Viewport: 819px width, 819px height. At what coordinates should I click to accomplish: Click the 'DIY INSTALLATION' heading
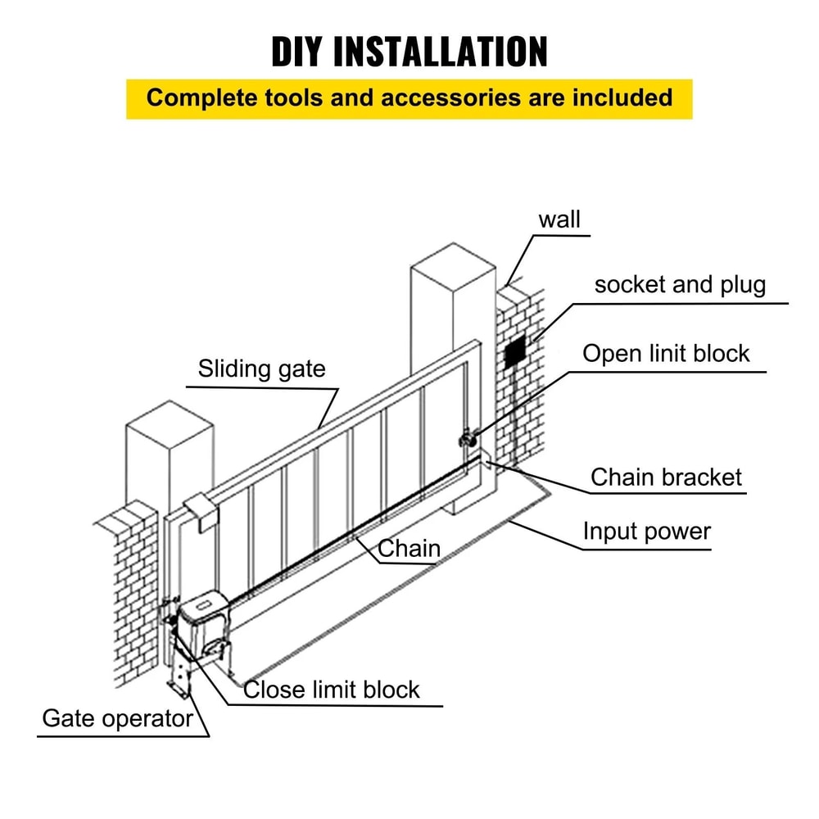409,51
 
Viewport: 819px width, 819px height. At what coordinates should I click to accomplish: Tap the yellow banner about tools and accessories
409,98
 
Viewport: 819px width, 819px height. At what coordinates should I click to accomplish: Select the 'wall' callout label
559,219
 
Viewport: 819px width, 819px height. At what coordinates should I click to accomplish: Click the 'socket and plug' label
680,285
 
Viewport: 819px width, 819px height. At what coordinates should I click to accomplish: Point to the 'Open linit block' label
666,354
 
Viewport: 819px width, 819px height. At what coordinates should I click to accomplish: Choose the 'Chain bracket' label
666,477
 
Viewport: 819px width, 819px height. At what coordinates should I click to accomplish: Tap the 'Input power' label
646,532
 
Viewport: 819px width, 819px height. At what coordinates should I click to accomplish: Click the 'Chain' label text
409,548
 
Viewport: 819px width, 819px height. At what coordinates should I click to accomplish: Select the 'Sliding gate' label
261,369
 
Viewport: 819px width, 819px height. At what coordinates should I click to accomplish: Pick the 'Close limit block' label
332,690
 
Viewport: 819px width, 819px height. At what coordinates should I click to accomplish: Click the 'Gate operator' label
117,719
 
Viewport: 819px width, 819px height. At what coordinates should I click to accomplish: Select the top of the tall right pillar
453,266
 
